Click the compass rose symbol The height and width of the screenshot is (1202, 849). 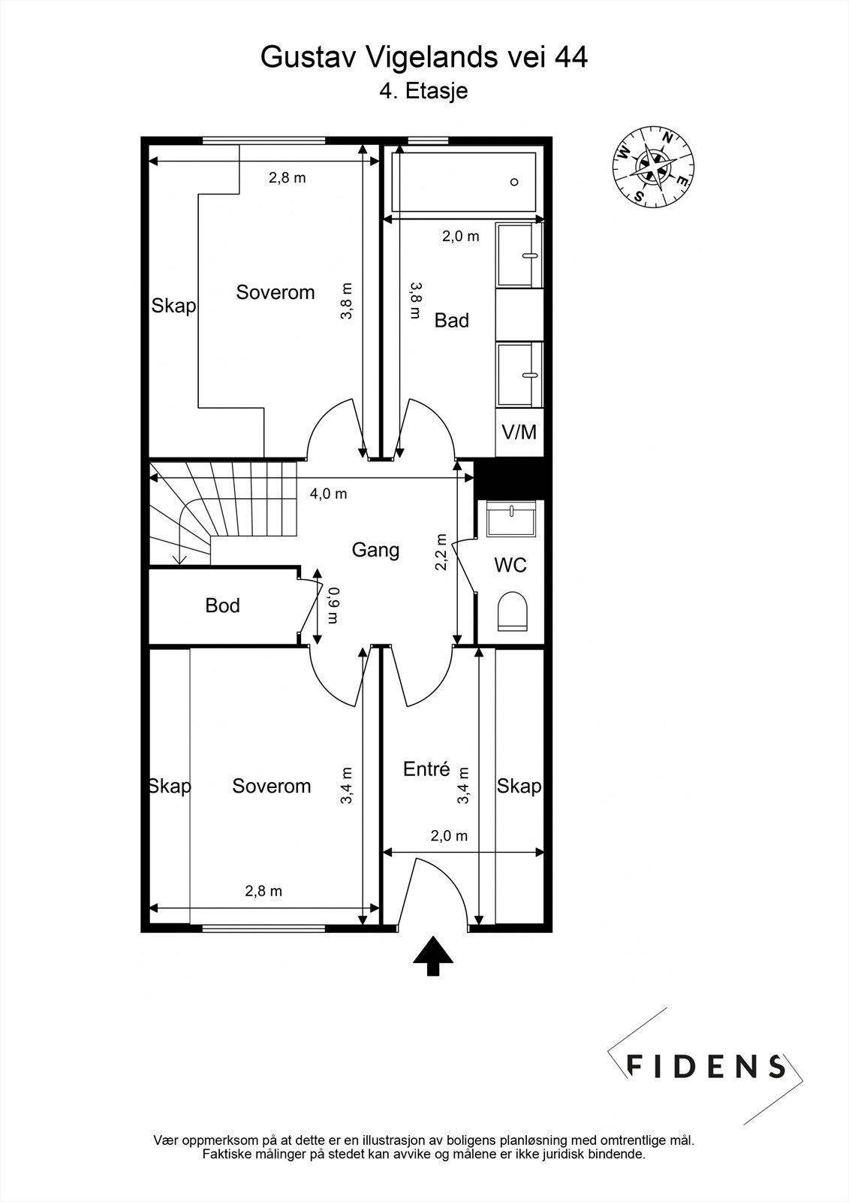pyautogui.click(x=653, y=167)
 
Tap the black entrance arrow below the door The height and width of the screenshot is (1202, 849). pyautogui.click(x=433, y=956)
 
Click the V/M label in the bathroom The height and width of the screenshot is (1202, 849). pyautogui.click(x=519, y=432)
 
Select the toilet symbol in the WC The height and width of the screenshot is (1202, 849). pyautogui.click(x=513, y=612)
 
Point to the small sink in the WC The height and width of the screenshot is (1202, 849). pyautogui.click(x=512, y=519)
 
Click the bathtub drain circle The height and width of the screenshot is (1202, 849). pyautogui.click(x=514, y=183)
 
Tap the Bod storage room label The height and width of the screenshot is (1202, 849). pyautogui.click(x=222, y=606)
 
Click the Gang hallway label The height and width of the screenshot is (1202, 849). pyautogui.click(x=375, y=551)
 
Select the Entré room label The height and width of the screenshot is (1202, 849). pyautogui.click(x=426, y=769)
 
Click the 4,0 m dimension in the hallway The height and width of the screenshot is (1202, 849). pyautogui.click(x=328, y=494)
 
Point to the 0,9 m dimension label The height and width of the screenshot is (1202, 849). pyautogui.click(x=333, y=606)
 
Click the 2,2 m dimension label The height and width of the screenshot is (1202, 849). pyautogui.click(x=441, y=551)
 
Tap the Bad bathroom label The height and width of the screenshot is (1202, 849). pyautogui.click(x=452, y=320)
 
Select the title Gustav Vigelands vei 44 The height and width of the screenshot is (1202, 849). pyautogui.click(x=423, y=57)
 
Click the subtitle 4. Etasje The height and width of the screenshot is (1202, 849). pyautogui.click(x=423, y=91)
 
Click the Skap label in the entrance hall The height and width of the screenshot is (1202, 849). pyautogui.click(x=519, y=786)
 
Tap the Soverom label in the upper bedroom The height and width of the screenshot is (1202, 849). pyautogui.click(x=275, y=292)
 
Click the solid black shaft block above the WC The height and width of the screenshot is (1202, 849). pyautogui.click(x=512, y=479)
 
